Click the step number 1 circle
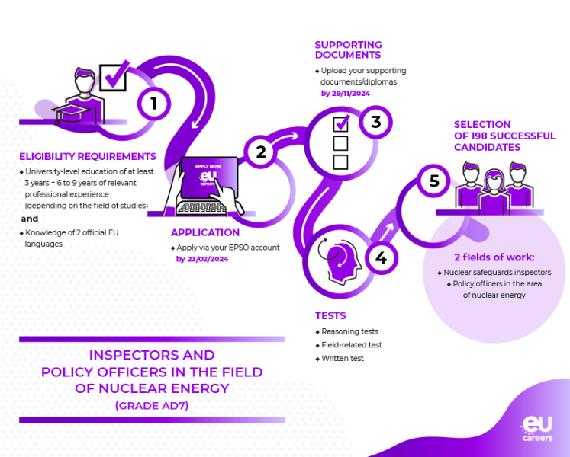pos(153,103)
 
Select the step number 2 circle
pos(261,152)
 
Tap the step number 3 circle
pos(375,122)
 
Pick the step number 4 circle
pos(381,259)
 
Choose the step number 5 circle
pos(434,181)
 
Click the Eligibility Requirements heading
pos(88,157)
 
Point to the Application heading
pos(205,232)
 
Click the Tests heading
pos(330,315)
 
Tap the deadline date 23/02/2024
pos(202,259)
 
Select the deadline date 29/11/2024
pos(346,93)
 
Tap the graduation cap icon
pos(70,114)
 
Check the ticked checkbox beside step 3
pos(341,123)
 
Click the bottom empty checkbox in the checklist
pos(340,161)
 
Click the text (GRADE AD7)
pos(152,406)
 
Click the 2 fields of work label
pos(494,257)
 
